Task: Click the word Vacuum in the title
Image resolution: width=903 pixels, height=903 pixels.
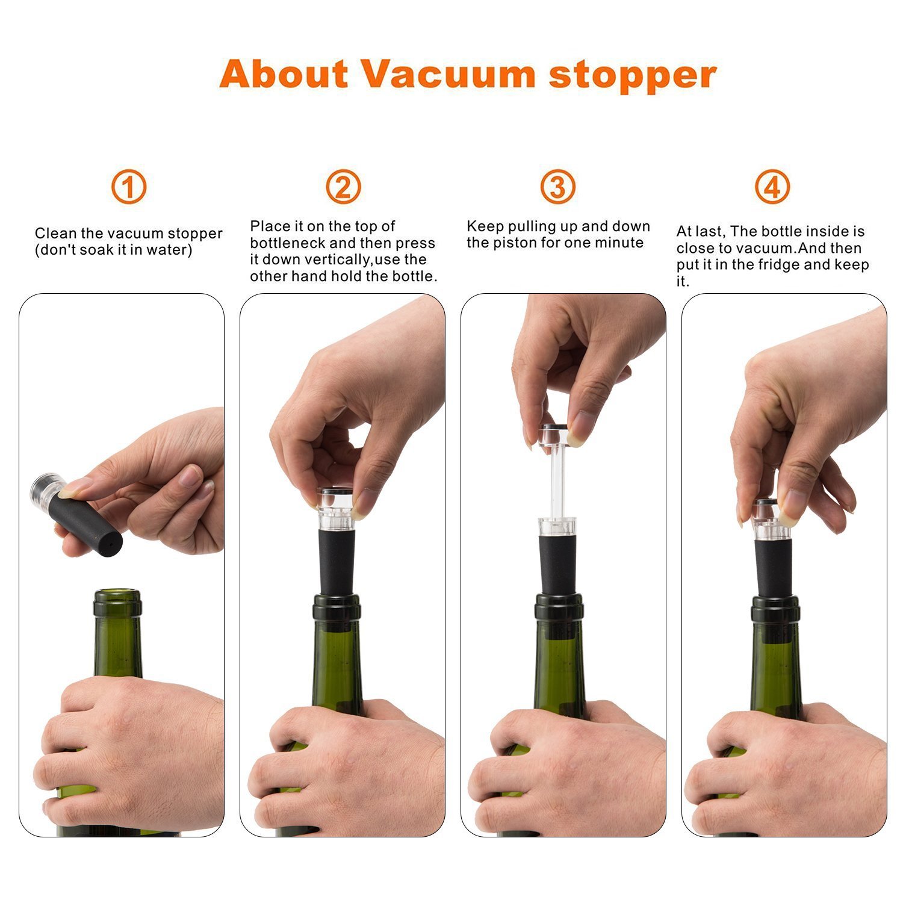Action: coord(448,74)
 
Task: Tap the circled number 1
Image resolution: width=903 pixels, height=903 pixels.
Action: coord(128,187)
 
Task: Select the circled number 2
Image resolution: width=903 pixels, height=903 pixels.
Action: coord(343,187)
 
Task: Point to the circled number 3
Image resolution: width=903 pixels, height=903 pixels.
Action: coord(557,187)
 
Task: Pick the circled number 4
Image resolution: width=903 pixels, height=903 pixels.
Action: coord(772,187)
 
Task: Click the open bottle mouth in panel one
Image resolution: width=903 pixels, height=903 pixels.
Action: coord(118,595)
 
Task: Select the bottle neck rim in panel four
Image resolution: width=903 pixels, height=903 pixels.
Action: coord(775,609)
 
